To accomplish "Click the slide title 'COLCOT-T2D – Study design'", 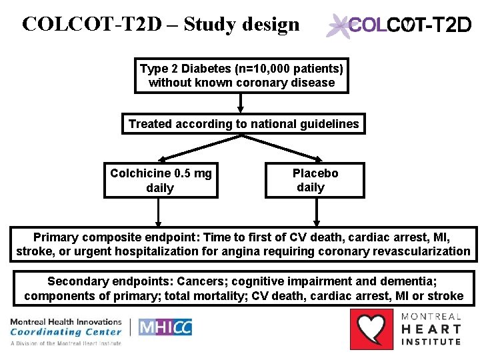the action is [161, 24].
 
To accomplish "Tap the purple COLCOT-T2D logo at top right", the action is [399, 26].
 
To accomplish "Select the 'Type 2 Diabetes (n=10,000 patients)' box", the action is [241, 75].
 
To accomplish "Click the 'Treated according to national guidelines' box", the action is [243, 124].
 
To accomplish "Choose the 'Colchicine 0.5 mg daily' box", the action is [161, 181].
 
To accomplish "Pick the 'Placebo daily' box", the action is [315, 180].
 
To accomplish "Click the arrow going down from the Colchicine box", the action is [158, 213].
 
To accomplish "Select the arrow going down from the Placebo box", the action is [315, 213].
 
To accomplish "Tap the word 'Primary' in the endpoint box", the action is [55, 237].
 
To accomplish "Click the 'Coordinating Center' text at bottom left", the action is [66, 331].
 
